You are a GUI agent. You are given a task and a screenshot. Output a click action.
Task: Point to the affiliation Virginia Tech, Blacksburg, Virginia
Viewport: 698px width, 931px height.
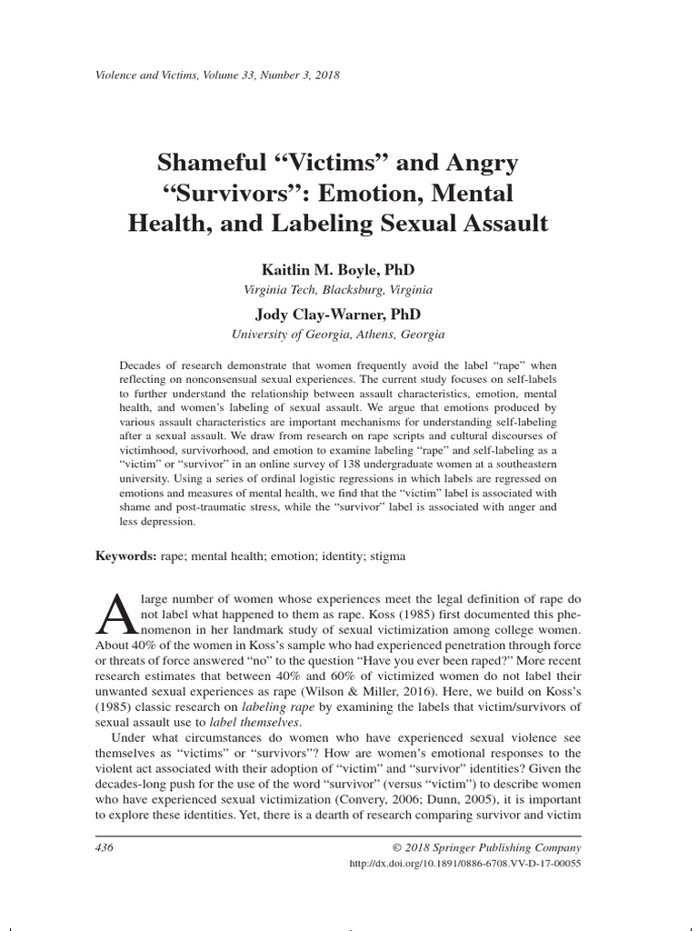point(339,290)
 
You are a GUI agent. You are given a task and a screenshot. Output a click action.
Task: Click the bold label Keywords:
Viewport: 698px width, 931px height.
point(126,555)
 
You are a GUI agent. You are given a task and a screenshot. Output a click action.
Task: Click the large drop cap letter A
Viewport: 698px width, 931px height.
point(115,613)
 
